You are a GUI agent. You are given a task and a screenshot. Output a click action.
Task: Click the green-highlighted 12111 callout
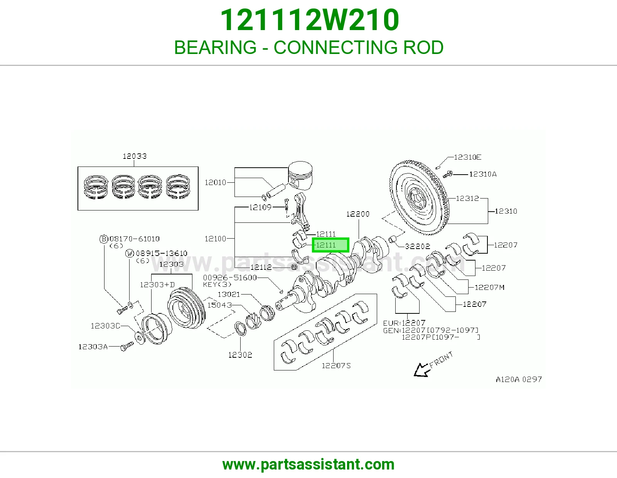tap(330, 245)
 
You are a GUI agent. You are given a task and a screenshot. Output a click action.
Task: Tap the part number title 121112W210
tap(310, 20)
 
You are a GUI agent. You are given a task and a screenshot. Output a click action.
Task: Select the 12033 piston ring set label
tap(135, 156)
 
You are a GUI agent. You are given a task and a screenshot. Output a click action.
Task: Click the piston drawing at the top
tap(300, 175)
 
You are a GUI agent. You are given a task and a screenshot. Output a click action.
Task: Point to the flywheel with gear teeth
tap(420, 197)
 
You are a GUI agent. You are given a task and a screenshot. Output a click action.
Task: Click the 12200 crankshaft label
tap(358, 214)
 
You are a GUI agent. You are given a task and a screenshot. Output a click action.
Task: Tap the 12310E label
tap(468, 157)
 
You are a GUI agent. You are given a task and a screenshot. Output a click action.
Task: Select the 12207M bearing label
tap(489, 287)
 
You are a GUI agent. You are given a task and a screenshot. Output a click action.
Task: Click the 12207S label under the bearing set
tap(336, 365)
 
